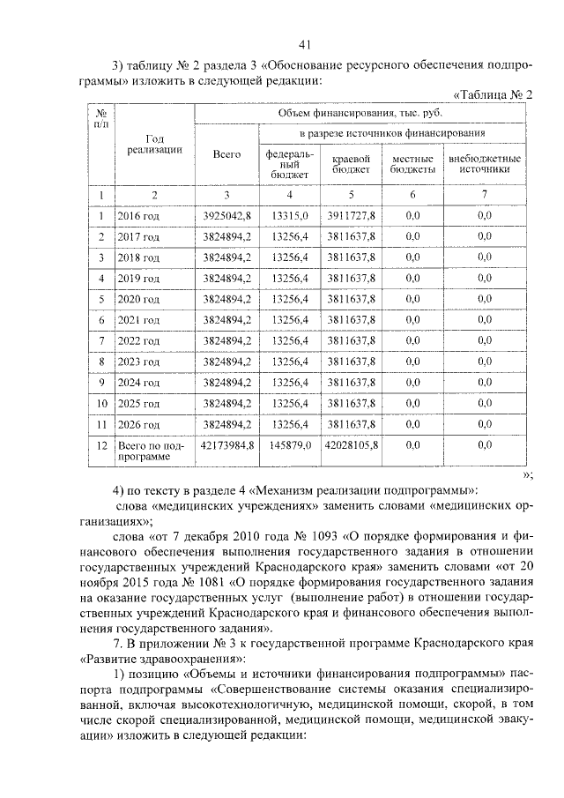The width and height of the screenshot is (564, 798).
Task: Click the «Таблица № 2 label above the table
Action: (493, 94)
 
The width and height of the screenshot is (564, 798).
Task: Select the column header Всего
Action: (226, 155)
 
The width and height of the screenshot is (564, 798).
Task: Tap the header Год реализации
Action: (154, 144)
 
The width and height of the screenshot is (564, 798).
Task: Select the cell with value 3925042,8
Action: (226, 214)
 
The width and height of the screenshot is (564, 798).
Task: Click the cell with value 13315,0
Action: (290, 214)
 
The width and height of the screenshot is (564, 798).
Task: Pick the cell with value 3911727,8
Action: (350, 214)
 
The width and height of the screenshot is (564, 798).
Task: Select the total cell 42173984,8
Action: (227, 446)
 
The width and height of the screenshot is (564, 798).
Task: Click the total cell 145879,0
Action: (290, 446)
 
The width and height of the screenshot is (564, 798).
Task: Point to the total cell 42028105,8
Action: (351, 446)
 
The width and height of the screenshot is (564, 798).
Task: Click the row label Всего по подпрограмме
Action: (149, 452)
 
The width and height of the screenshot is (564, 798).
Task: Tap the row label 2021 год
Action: (138, 320)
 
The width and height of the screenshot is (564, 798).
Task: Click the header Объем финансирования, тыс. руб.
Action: (364, 113)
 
